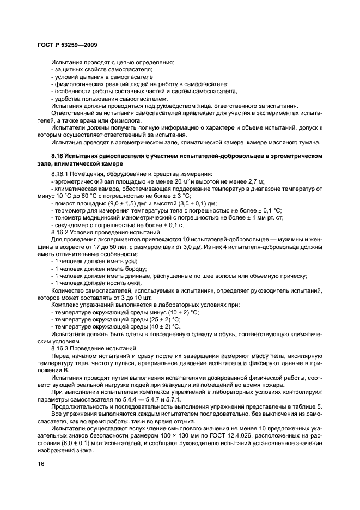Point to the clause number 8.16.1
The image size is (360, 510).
coord(60,174)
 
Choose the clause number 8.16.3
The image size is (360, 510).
coord(60,347)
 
